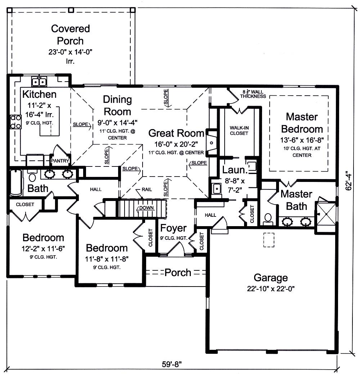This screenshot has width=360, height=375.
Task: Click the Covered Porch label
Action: tap(71, 35)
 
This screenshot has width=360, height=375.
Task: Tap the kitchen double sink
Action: tap(39, 82)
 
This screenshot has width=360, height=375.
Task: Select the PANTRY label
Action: tap(60, 161)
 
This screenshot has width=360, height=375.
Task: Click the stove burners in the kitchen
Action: tap(16, 122)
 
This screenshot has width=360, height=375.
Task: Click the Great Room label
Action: tap(176, 133)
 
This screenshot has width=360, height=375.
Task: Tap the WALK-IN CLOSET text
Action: tap(239, 131)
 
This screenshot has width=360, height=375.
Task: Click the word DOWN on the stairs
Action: tap(147, 208)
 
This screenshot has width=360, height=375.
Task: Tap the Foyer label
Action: tap(174, 228)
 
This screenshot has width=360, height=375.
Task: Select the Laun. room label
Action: tap(234, 169)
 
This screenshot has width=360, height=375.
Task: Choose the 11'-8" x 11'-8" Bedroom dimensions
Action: tap(107, 259)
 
